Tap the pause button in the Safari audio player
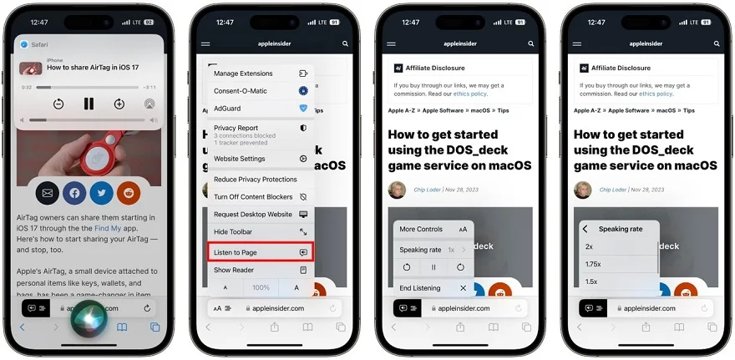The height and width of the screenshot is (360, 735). [89, 104]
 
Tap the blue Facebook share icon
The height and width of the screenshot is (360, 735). [74, 193]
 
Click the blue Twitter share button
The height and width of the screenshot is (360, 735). [101, 193]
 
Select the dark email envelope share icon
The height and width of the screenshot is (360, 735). [47, 193]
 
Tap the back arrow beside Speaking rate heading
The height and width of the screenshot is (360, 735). [585, 229]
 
